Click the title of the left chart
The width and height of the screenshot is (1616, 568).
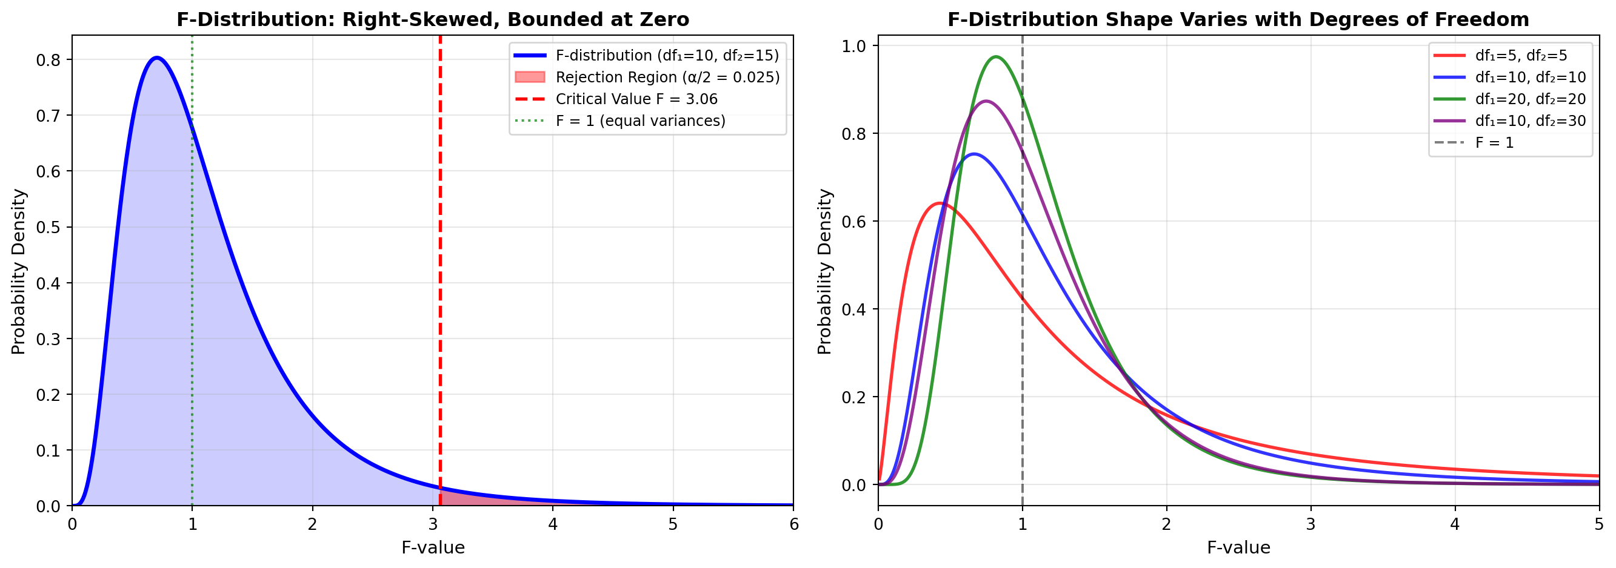pyautogui.click(x=432, y=19)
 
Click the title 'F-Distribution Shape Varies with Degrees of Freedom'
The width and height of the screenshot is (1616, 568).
pyautogui.click(x=1238, y=19)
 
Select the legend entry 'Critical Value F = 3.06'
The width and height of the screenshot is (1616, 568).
pyautogui.click(x=636, y=99)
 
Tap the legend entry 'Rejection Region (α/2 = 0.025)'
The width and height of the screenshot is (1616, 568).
pyautogui.click(x=667, y=77)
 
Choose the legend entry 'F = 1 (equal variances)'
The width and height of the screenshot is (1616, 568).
pyautogui.click(x=640, y=121)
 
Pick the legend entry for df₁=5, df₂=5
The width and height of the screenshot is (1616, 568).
pyautogui.click(x=1521, y=56)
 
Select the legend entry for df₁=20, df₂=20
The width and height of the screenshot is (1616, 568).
pyautogui.click(x=1530, y=99)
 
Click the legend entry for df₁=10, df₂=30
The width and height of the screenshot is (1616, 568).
pyautogui.click(x=1530, y=121)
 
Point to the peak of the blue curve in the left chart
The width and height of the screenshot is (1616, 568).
pyautogui.click(x=157, y=58)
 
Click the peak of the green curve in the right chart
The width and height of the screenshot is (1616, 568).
pyautogui.click(x=995, y=57)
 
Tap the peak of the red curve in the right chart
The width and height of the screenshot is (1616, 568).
pyautogui.click(x=939, y=203)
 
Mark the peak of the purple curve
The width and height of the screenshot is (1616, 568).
pyautogui.click(x=986, y=101)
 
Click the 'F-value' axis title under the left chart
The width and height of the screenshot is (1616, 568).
pyautogui.click(x=433, y=548)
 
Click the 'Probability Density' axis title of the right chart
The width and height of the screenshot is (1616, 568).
pyautogui.click(x=824, y=271)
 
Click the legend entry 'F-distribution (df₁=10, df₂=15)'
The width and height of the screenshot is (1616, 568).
pyautogui.click(x=667, y=56)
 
